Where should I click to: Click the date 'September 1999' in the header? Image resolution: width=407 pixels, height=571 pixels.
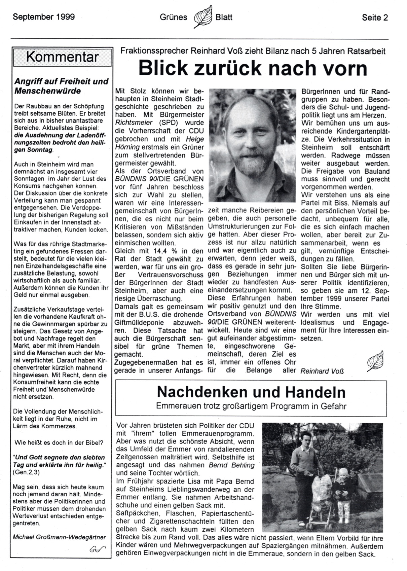coord(44,16)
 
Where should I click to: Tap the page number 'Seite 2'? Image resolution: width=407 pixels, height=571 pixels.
coord(375,17)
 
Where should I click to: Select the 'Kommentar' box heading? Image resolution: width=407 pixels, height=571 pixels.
coord(62,57)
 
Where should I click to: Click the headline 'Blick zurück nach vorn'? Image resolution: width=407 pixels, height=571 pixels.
coord(253,68)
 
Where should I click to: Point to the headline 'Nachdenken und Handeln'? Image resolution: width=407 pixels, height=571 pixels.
coord(251,392)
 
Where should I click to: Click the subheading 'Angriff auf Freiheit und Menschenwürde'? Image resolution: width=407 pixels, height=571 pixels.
coord(61,86)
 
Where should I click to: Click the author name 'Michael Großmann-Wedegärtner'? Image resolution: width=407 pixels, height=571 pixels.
coord(59,537)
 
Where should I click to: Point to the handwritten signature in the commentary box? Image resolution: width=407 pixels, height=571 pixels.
coord(97,549)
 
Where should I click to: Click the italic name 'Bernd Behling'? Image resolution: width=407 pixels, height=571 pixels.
coord(231,465)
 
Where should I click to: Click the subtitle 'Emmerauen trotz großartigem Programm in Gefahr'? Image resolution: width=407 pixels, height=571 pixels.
coord(251,406)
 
